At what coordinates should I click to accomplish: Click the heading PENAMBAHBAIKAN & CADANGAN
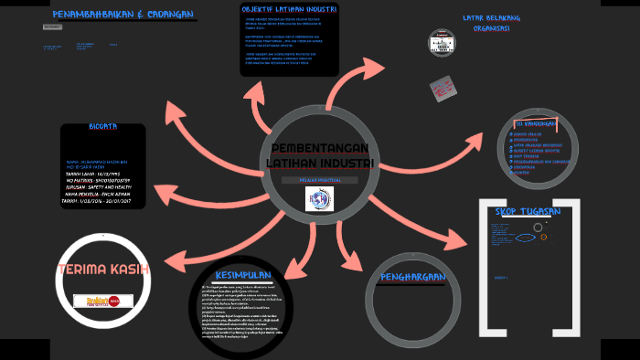click(x=124, y=16)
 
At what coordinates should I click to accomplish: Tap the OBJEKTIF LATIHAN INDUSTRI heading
click(x=289, y=9)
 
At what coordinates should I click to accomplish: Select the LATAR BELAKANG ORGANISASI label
click(x=491, y=23)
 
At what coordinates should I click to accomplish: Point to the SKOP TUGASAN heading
click(x=528, y=211)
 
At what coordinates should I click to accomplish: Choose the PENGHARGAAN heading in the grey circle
click(x=414, y=276)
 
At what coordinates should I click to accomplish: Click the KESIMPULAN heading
click(x=242, y=275)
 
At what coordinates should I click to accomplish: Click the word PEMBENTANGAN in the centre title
click(x=320, y=149)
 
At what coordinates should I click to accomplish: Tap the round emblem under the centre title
click(x=319, y=198)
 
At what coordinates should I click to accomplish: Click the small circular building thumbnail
click(x=442, y=42)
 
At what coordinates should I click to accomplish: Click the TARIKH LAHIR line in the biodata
click(x=91, y=173)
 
